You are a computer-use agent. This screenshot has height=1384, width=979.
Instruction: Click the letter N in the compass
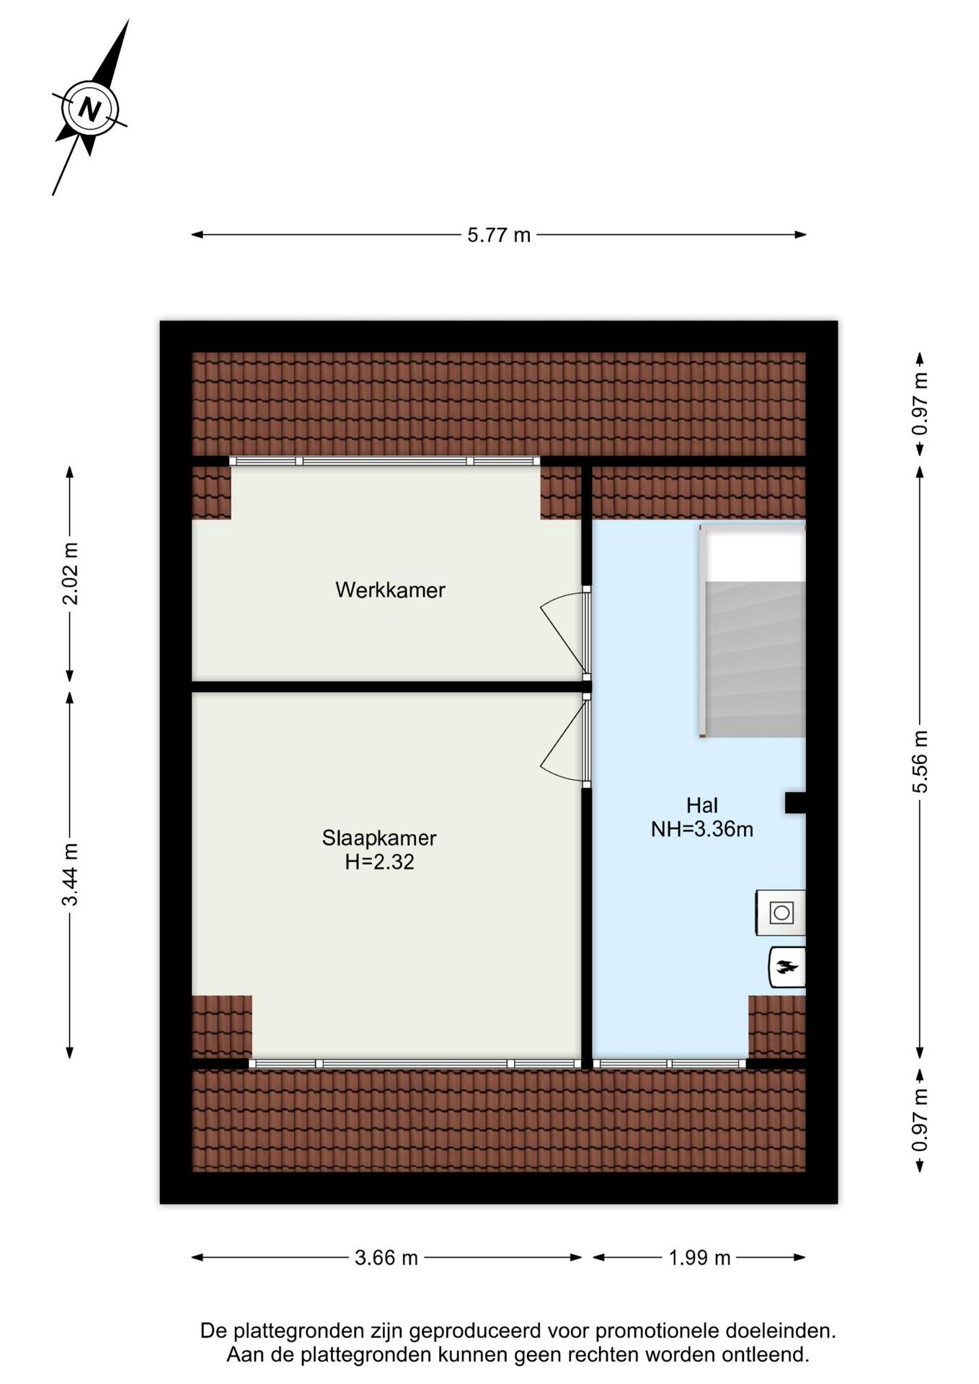pos(89,110)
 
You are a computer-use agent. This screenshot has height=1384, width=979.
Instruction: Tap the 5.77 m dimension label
pos(499,235)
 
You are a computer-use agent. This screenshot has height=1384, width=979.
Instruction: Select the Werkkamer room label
pos(390,590)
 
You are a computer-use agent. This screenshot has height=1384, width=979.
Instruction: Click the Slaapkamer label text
pos(379,838)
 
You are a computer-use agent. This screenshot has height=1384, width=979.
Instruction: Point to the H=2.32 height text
pos(379,862)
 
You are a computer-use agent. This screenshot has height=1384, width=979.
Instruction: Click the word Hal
pos(701,805)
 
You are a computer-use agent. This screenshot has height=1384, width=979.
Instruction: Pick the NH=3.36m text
pos(701,830)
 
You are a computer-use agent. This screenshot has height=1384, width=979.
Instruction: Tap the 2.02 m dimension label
pos(70,574)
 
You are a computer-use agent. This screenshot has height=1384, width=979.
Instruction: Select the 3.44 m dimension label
pos(70,874)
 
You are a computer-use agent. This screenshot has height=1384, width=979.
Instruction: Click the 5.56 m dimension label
pos(920,761)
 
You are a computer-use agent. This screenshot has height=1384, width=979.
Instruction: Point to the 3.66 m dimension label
pos(386,1258)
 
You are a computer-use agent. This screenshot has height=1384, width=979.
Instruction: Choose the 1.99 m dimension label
pos(699,1258)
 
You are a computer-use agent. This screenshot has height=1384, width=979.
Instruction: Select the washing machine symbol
pos(781,913)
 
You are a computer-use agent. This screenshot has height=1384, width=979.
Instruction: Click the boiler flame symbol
pos(787,967)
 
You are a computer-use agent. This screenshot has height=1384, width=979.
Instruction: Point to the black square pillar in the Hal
pos(795,802)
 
